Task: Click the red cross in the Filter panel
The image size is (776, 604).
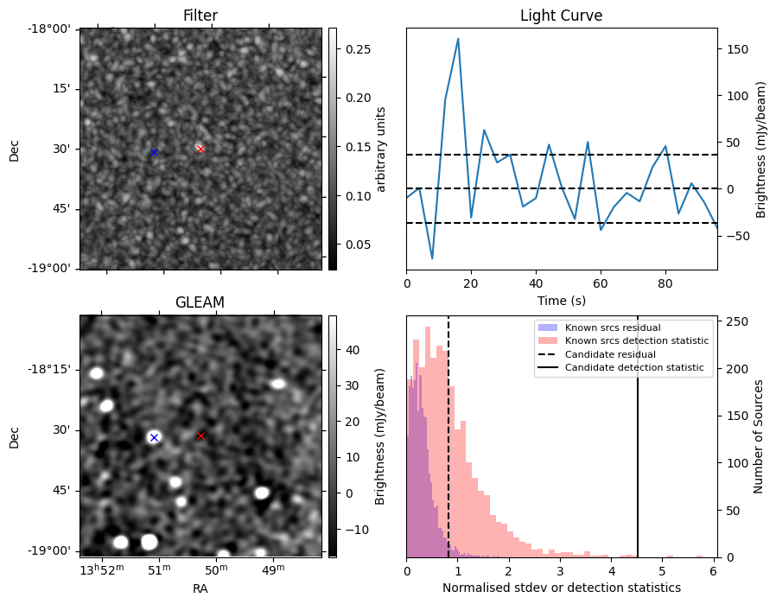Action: click(200, 149)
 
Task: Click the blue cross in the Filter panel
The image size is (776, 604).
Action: click(154, 152)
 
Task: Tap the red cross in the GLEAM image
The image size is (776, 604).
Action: click(200, 436)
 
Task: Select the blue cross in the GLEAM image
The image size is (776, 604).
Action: click(154, 437)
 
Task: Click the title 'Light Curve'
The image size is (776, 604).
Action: click(561, 16)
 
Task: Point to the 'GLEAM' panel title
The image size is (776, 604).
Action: click(200, 302)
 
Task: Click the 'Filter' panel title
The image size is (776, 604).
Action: click(200, 16)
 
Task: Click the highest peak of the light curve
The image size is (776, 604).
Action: click(458, 38)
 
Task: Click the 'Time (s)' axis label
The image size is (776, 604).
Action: click(561, 299)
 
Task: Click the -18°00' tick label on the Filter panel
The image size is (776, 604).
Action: click(53, 29)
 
